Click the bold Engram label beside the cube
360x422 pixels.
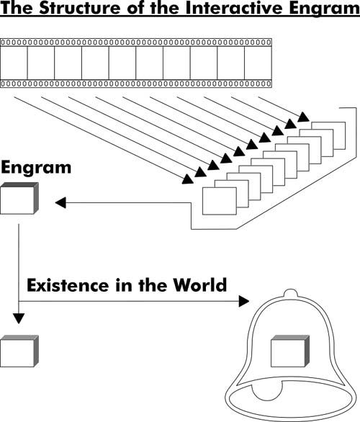coord(36,168)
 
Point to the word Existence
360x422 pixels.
coord(67,285)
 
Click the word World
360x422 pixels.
coord(200,285)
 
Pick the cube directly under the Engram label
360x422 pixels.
coord(19,198)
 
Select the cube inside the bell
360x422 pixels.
coord(290,351)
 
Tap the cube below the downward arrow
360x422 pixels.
coord(19,351)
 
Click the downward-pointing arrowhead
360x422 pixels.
coord(19,318)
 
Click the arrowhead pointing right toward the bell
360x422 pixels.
coord(244,301)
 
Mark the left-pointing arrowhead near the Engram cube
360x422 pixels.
coord(60,202)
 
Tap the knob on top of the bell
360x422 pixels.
coord(291,293)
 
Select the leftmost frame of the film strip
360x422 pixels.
coord(14,63)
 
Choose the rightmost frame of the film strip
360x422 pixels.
coord(258,63)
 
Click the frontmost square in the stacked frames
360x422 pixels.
coord(220,201)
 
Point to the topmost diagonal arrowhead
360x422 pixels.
coord(304,117)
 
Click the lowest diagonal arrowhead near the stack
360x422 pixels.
coord(187,179)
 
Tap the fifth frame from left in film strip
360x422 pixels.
coord(122,63)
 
